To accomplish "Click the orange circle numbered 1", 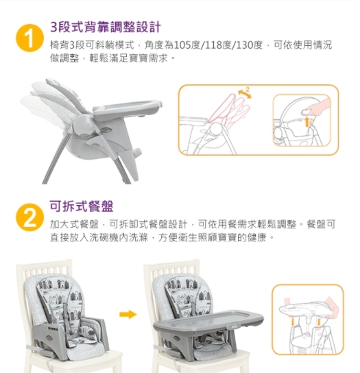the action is point(29,38).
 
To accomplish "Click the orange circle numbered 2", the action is point(29,217).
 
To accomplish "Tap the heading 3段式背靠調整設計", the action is point(106,27).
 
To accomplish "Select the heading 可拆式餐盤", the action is point(82,206).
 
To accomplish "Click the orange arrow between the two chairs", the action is point(128,314).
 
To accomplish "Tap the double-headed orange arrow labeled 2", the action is point(245,94).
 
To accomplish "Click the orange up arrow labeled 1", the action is point(307,121).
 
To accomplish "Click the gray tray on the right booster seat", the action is point(208,322).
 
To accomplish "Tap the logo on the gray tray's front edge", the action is point(234,326).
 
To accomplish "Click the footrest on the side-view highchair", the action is point(135,152).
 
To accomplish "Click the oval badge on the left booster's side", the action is point(50,338).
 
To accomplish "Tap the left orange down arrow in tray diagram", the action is point(293,322).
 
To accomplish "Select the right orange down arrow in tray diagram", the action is point(319,322).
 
